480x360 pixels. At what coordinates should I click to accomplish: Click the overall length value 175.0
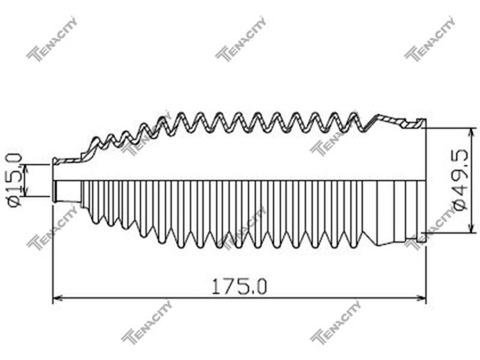coord(239,286)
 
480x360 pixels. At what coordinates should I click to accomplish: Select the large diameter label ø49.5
coord(461,179)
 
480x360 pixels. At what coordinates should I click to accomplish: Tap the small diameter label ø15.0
coord(14,181)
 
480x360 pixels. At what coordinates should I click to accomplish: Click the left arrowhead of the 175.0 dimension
coord(58,297)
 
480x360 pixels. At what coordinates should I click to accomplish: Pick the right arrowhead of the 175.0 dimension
coord(422,297)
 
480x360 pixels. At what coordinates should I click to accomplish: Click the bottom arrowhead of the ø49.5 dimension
coord(472,229)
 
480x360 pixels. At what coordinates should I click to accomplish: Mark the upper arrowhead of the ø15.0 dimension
coord(25,169)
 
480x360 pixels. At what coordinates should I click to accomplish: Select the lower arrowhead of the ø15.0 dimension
coord(25,191)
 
